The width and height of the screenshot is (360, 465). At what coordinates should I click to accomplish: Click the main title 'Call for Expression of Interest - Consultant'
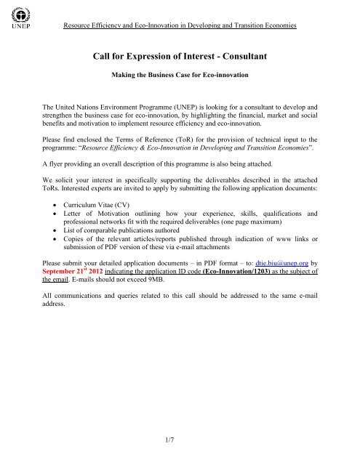pyautogui.click(x=191, y=54)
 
